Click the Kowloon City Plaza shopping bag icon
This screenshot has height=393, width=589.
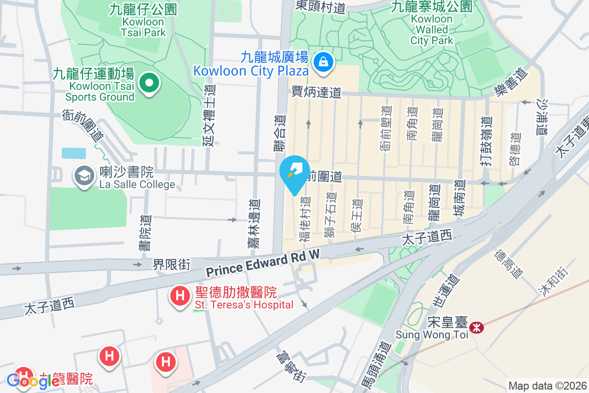pos(323,61)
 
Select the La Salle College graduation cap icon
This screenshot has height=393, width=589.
pos(84,175)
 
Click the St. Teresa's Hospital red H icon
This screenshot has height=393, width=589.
pos(180,296)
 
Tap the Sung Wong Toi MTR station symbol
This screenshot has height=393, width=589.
pos(476,327)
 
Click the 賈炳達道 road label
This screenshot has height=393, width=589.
pos(316,92)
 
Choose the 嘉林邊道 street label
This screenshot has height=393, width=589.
pos(254,223)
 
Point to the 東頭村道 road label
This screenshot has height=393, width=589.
pos(320,6)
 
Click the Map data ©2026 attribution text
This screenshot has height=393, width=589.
pos(547,386)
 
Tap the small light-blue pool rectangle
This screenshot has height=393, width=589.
pos(74,153)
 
